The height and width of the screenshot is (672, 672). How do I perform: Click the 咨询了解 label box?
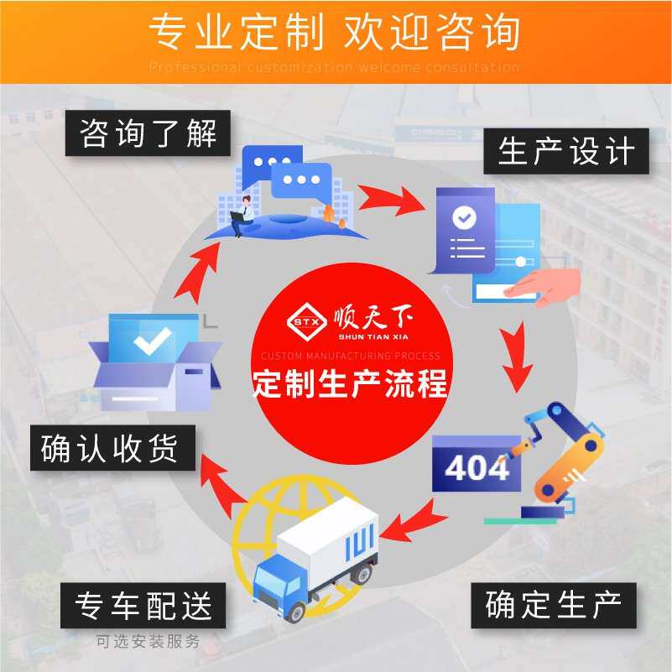[148, 133]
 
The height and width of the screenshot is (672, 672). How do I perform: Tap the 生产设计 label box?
[565, 152]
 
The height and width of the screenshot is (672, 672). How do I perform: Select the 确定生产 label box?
[553, 605]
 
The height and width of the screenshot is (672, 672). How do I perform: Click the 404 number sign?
[476, 466]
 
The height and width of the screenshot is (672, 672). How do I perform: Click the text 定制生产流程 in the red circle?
[351, 384]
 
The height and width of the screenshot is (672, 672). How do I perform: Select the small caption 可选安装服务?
[148, 643]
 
